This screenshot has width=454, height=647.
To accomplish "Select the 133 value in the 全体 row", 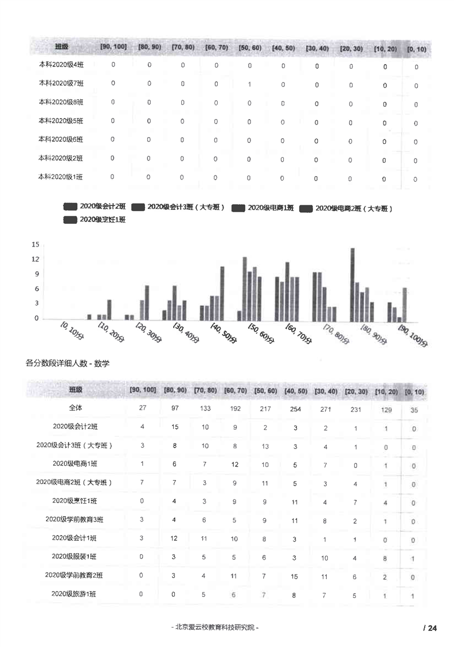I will (x=206, y=408).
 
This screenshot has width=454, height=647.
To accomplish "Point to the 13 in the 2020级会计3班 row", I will (x=265, y=446).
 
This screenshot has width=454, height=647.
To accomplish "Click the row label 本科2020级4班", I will (x=61, y=65).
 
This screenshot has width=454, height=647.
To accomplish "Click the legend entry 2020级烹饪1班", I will (x=102, y=219).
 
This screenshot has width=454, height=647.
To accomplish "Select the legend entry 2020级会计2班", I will (x=102, y=206).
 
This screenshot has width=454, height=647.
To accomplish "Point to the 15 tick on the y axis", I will (x=36, y=245).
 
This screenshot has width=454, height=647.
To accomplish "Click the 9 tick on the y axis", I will (x=37, y=274).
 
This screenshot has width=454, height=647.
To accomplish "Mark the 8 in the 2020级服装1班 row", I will (x=385, y=558).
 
